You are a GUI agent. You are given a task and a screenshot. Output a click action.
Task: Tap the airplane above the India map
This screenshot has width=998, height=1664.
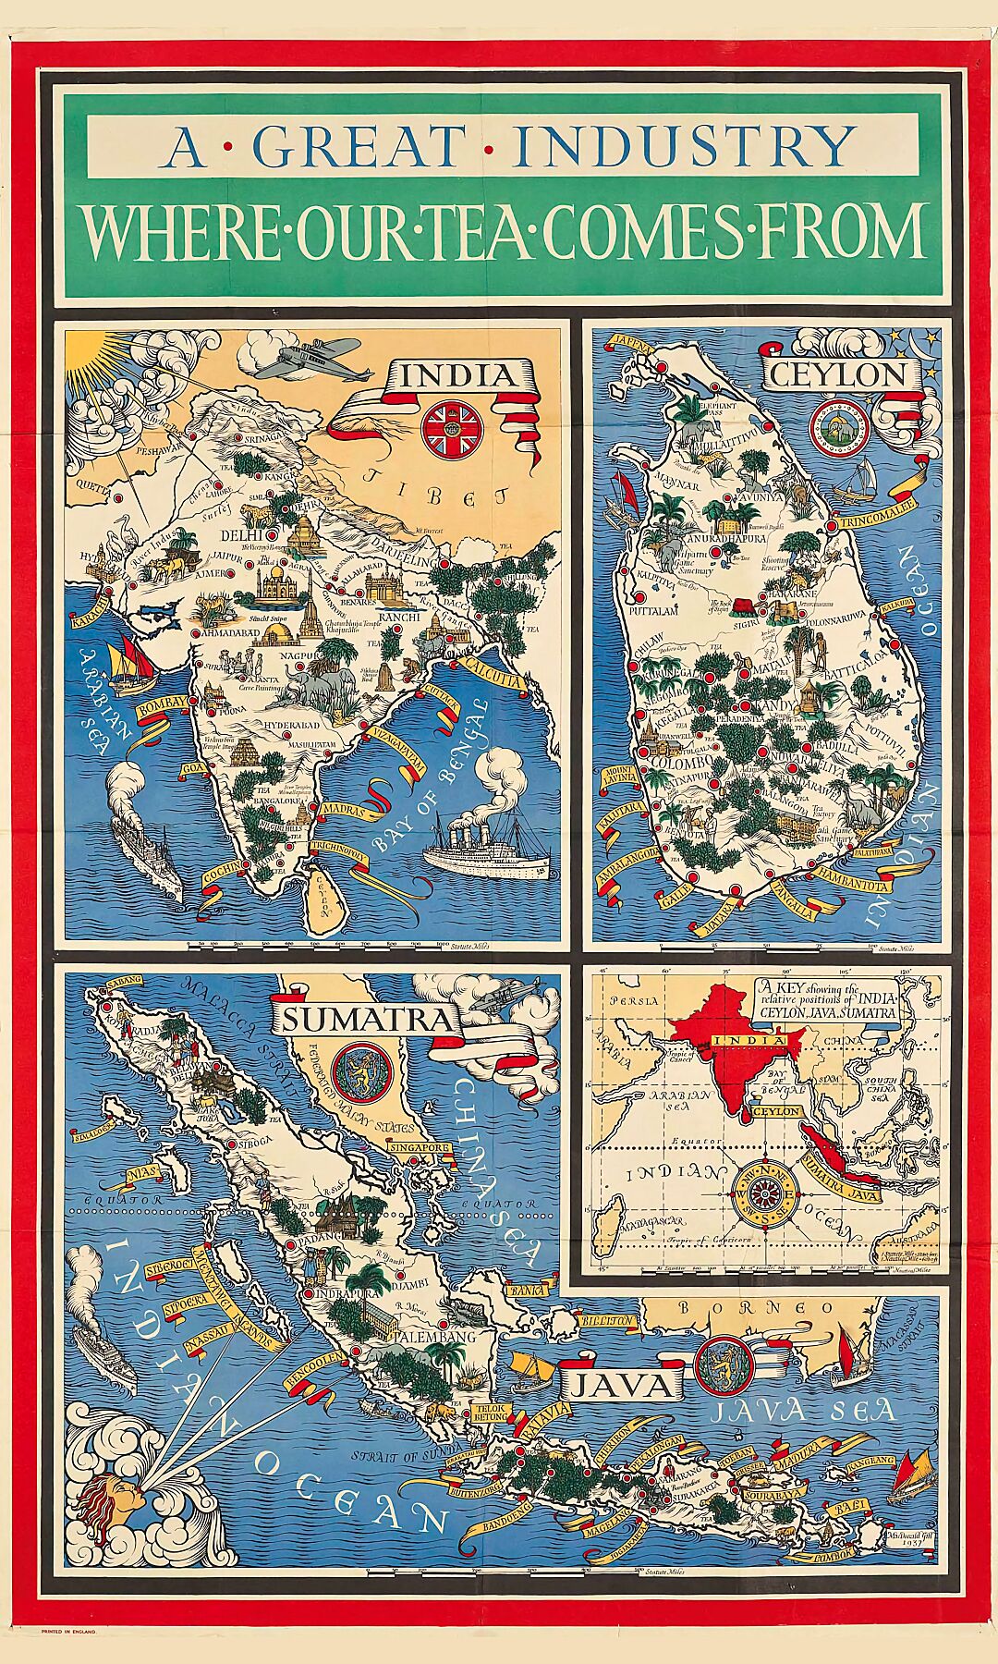[306, 357]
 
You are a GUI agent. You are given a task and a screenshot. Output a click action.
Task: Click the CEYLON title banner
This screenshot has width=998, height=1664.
[838, 374]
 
